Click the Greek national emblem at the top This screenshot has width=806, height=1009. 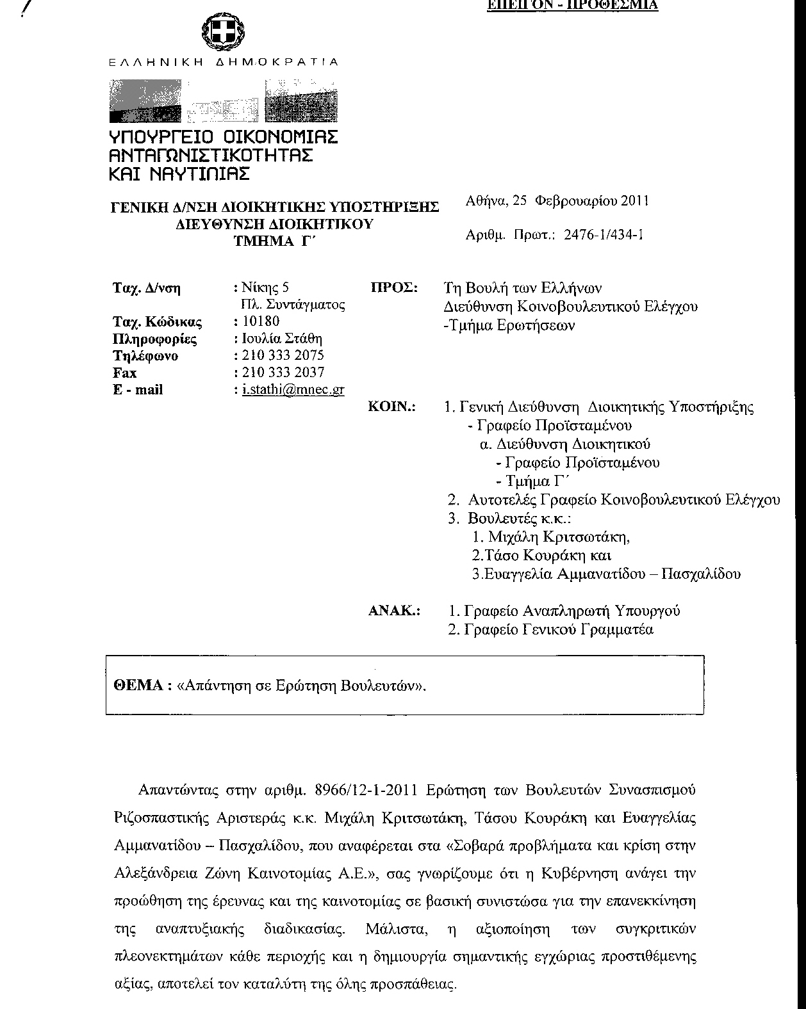coord(223,31)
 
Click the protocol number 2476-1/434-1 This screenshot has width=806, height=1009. coord(604,234)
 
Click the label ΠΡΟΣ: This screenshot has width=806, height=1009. coord(394,288)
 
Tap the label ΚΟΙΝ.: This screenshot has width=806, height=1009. coord(392,407)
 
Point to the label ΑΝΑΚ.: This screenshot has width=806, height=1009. coord(394,611)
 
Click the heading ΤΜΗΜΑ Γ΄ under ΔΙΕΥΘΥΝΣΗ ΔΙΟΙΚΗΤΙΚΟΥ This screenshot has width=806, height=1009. coord(276,240)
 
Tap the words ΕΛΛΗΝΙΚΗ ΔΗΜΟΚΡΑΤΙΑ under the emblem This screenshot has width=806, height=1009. coord(222,63)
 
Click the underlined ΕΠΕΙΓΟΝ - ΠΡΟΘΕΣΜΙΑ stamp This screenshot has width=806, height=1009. coord(573,5)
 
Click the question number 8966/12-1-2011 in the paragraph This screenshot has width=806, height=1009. coord(368,789)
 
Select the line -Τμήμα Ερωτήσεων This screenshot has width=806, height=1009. coord(509,325)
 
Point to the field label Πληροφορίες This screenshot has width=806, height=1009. coord(154,339)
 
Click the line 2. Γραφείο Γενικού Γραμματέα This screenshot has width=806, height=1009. coord(551,629)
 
